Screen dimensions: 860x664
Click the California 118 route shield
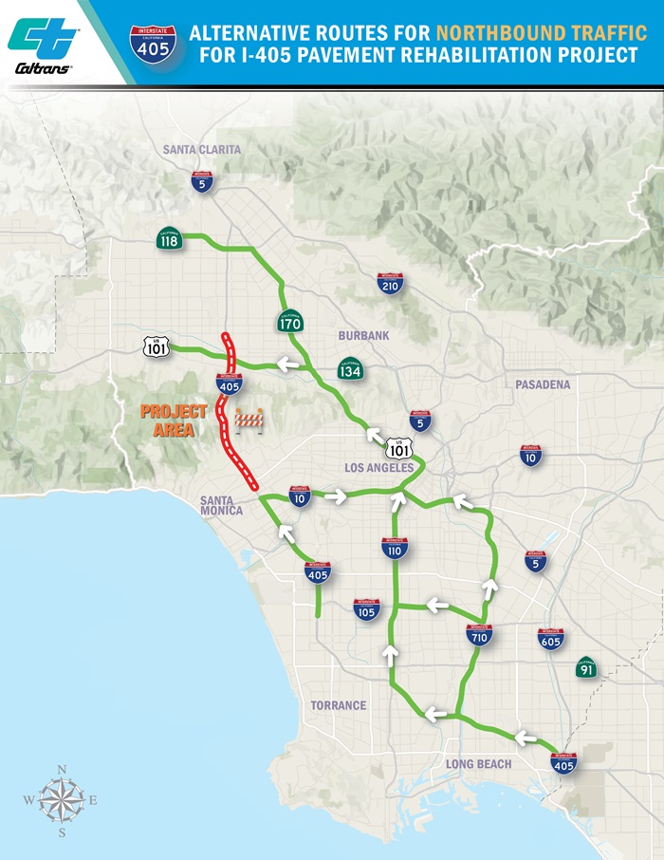coord(170,241)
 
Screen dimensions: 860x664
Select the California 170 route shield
coord(290,323)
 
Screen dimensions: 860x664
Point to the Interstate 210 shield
coord(390,283)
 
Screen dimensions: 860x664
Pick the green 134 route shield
coord(350,368)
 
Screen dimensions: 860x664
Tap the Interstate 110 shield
coord(395,548)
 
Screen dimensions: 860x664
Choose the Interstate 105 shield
coord(366,609)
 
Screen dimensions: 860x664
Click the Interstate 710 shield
coord(479,635)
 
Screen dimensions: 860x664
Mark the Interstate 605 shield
coord(550,638)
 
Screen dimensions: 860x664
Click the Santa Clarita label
coord(202,149)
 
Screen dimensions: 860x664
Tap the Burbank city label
coord(363,336)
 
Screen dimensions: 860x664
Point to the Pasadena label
coord(543,384)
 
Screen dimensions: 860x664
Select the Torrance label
coord(338,705)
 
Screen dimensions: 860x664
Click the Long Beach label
coord(478,764)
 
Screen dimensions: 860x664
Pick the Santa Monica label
coord(221,504)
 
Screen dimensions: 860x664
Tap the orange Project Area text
coord(174,421)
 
